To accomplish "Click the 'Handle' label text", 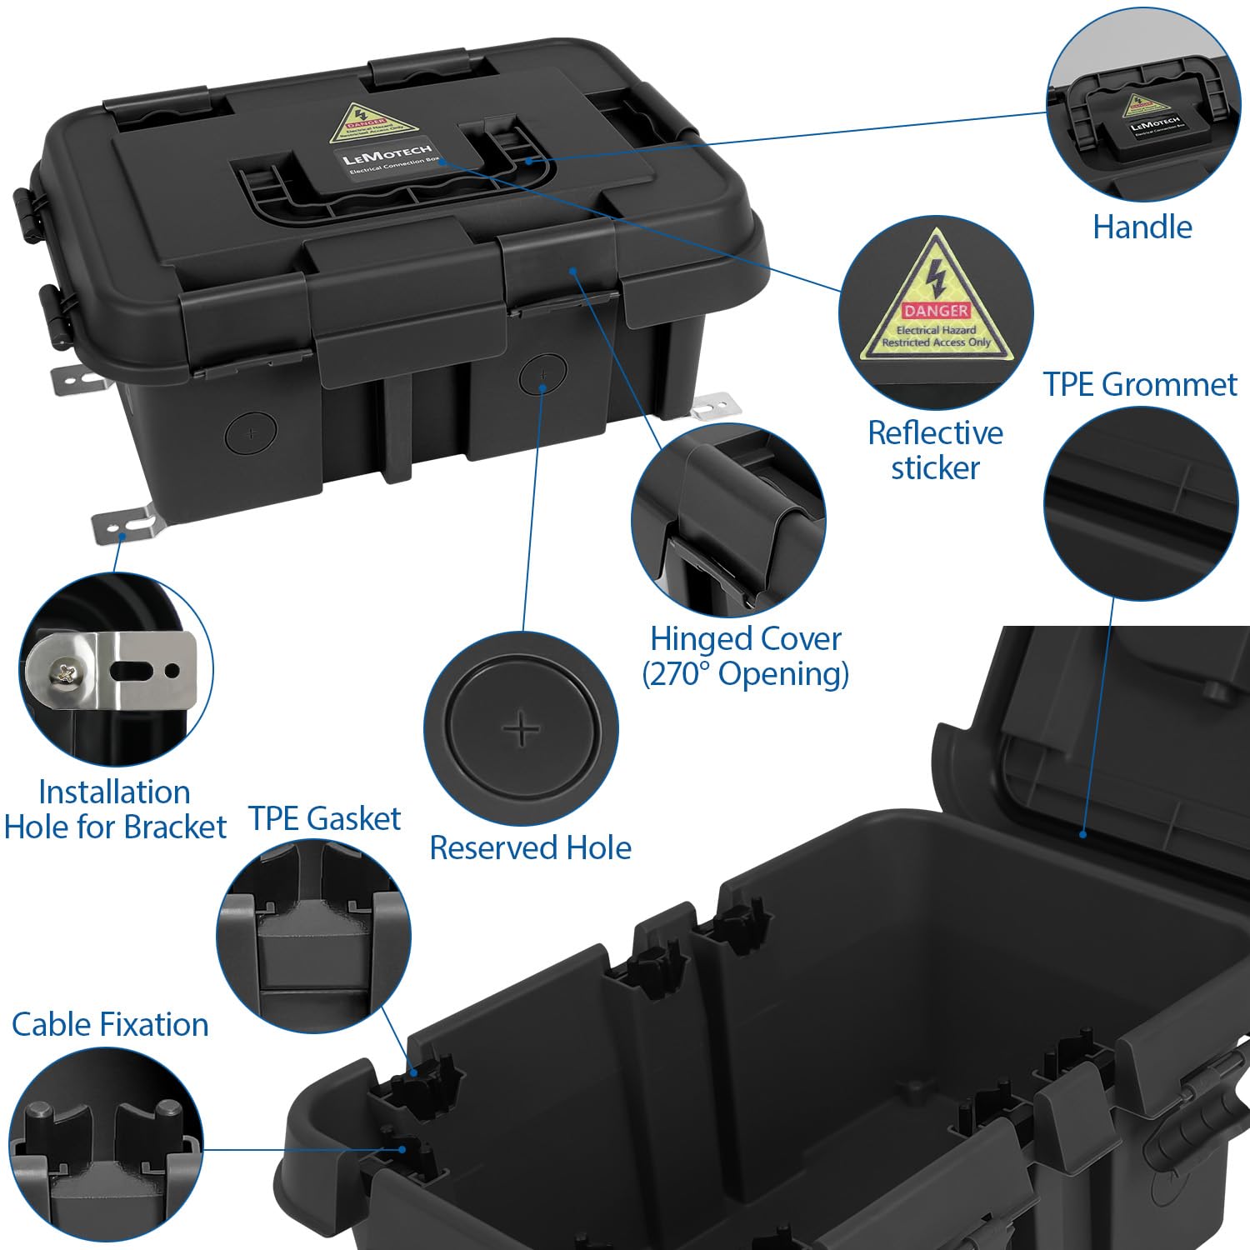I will click(1142, 227).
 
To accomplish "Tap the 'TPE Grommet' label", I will click(1139, 384).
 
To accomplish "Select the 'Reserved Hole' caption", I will click(530, 847).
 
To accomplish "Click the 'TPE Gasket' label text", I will click(325, 818).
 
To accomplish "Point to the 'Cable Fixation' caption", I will click(110, 1024).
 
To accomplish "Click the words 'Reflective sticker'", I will click(935, 450).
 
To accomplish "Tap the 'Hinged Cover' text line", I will click(745, 639).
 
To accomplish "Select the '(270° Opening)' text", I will click(745, 673).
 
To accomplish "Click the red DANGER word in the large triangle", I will click(936, 310).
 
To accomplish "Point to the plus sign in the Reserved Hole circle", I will click(522, 729).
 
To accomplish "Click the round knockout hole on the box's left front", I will click(251, 433).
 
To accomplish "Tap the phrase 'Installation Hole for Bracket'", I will click(115, 809).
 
